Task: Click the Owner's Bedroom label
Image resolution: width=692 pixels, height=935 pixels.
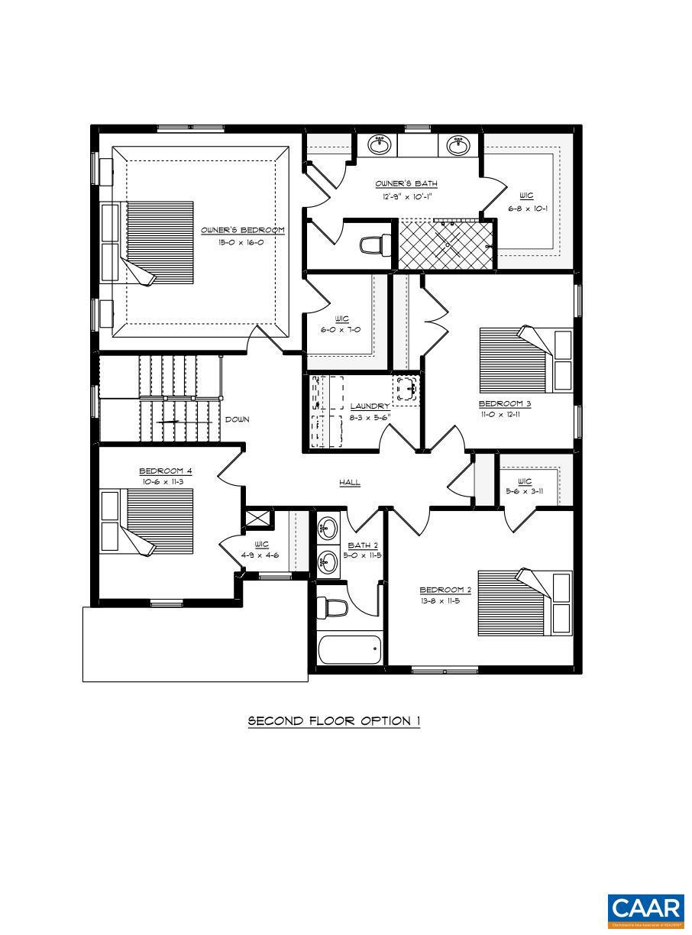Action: pyautogui.click(x=243, y=230)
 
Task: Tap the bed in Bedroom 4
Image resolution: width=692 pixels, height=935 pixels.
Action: pyautogui.click(x=148, y=522)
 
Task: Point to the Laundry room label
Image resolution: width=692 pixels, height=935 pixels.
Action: pyautogui.click(x=370, y=406)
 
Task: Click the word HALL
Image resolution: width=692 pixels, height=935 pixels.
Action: pyautogui.click(x=350, y=483)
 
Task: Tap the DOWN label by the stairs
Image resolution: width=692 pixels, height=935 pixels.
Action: pyautogui.click(x=237, y=419)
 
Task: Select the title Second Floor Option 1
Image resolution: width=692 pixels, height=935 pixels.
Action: pyautogui.click(x=334, y=721)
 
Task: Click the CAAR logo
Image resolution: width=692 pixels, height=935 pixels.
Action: pyautogui.click(x=646, y=909)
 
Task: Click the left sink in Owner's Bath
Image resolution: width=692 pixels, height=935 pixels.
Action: pyautogui.click(x=380, y=144)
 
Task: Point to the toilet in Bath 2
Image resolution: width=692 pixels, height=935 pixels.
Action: pyautogui.click(x=333, y=608)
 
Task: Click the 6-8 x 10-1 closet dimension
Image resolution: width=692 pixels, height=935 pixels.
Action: pyautogui.click(x=528, y=208)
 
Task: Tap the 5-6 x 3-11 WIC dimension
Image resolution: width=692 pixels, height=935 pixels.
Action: pyautogui.click(x=525, y=492)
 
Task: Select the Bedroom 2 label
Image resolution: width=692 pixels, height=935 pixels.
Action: pyautogui.click(x=445, y=590)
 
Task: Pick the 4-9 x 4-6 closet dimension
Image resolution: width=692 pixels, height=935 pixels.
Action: pyautogui.click(x=261, y=555)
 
